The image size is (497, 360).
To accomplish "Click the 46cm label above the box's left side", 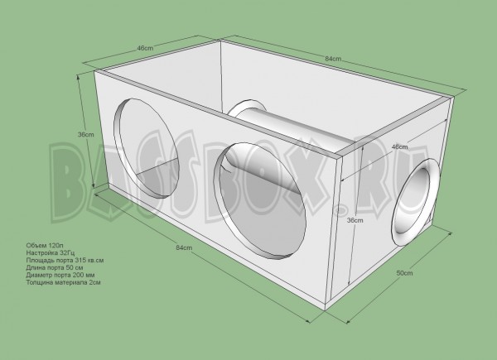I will (x=146, y=49).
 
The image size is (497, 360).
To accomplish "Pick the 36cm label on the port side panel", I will (x=355, y=221).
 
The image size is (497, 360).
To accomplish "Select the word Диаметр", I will (x=37, y=276).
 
